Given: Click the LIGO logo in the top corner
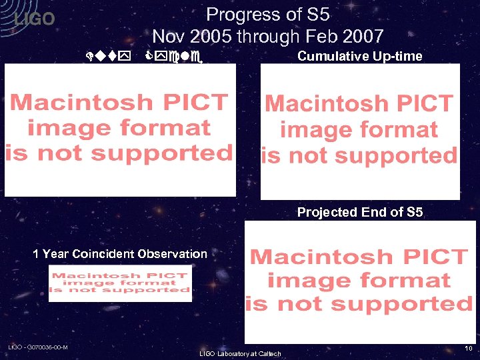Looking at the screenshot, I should tap(35, 19).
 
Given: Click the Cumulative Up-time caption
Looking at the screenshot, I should tap(359, 56).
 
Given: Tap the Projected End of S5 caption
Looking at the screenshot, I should tap(359, 213).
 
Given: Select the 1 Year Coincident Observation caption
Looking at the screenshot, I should tap(120, 253).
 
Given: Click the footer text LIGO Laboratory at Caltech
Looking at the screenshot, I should tap(240, 353).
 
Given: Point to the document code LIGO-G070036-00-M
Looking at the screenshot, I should tap(38, 347).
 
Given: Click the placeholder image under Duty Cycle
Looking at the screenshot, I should tap(120, 129).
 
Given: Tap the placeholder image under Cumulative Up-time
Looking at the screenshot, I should tap(359, 131).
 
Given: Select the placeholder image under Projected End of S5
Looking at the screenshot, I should tap(360, 282).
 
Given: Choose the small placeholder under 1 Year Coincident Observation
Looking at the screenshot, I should tap(120, 283).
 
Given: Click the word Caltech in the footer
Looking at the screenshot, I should tap(268, 353).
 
